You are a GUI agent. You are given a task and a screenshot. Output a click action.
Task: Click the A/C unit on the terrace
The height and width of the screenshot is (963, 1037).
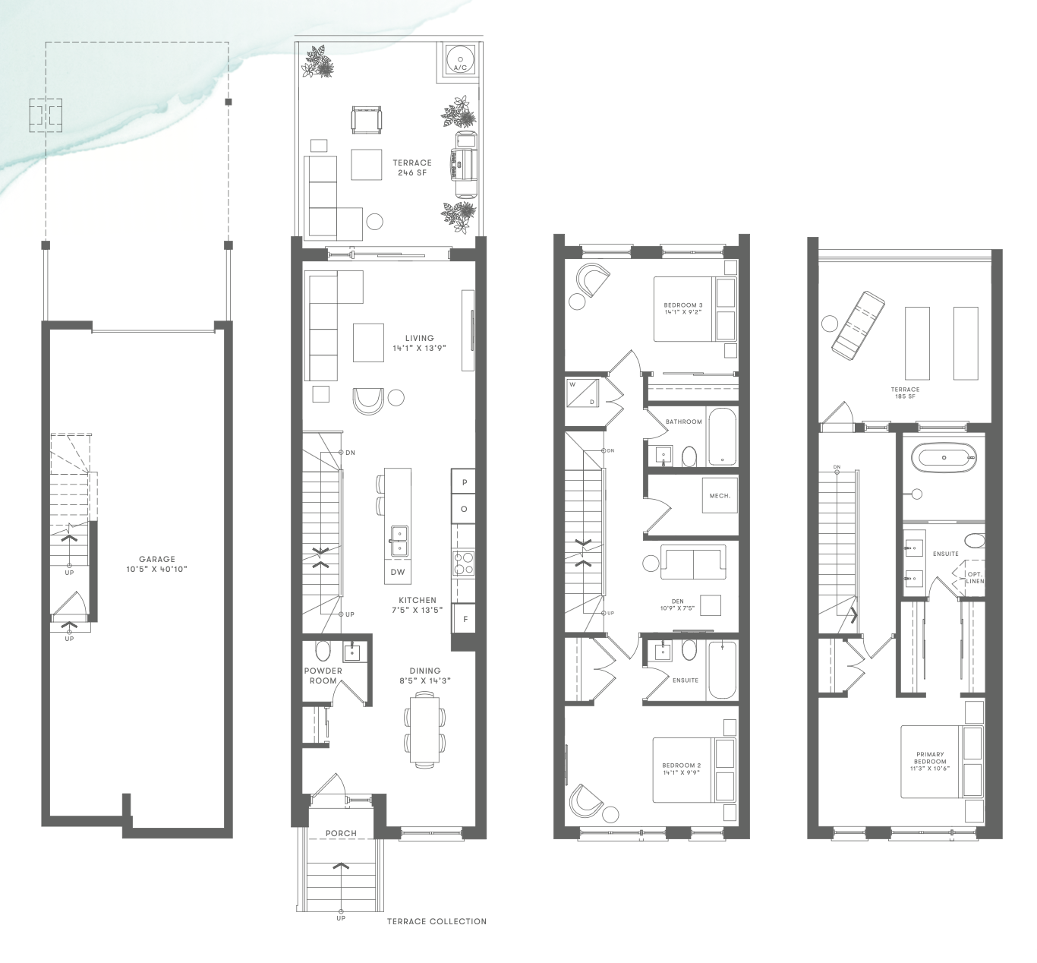(x=460, y=59)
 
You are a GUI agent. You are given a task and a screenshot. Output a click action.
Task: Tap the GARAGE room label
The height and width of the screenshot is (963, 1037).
(x=156, y=559)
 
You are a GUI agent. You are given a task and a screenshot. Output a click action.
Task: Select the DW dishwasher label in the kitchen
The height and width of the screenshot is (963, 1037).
(x=398, y=572)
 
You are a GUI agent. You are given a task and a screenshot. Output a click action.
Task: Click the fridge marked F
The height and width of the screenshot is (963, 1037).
(x=464, y=619)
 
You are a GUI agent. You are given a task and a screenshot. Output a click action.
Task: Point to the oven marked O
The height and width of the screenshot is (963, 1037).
(x=464, y=509)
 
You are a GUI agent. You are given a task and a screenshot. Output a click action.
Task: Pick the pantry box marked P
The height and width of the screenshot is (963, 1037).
(x=464, y=482)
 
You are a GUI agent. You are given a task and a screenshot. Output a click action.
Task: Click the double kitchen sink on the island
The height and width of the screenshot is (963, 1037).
(x=399, y=541)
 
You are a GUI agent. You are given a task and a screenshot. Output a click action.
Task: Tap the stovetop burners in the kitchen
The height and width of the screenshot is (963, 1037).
(x=463, y=564)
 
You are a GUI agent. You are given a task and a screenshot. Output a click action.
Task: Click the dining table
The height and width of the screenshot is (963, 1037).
(x=424, y=729)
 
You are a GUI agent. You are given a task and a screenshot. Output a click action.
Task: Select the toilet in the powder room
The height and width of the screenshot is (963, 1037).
(x=323, y=651)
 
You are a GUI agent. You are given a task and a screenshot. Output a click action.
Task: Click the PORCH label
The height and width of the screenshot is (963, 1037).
(x=341, y=833)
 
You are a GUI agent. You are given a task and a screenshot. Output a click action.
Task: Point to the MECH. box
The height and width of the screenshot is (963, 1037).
(x=720, y=495)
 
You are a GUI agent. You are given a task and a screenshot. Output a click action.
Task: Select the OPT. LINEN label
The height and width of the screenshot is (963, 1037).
(x=974, y=577)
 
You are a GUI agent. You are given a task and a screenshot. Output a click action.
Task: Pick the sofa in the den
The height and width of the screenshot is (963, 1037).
(x=693, y=562)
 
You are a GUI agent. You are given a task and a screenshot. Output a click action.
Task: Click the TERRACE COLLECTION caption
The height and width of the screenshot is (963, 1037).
(x=437, y=921)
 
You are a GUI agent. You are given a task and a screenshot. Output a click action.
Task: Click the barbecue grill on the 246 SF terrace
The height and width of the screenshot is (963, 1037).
(x=464, y=164)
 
